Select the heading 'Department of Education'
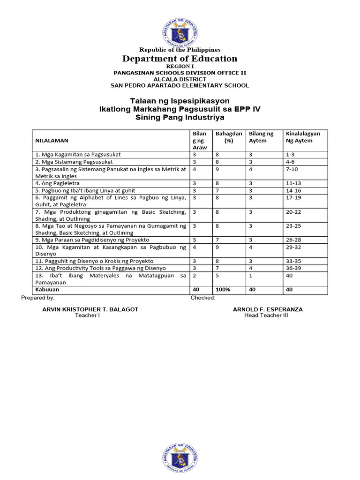click(180, 59)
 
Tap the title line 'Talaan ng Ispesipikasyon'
click(180, 101)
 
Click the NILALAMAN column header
click(51, 140)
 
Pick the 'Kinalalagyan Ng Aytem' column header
click(303, 137)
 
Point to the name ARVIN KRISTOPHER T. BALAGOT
click(90, 309)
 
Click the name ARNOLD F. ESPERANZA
click(268, 309)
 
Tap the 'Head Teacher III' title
click(266, 315)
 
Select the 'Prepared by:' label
click(38, 298)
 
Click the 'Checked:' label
click(203, 298)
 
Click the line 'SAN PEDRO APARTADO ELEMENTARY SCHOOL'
click(180, 85)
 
